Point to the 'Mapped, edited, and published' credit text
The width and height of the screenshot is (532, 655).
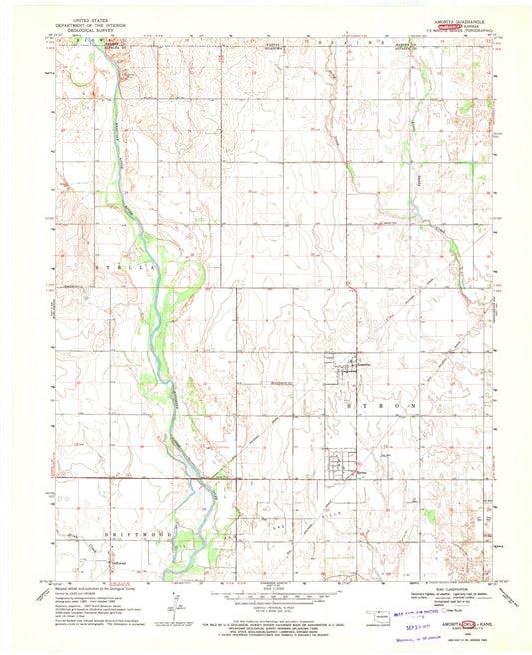pos(90,589)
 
